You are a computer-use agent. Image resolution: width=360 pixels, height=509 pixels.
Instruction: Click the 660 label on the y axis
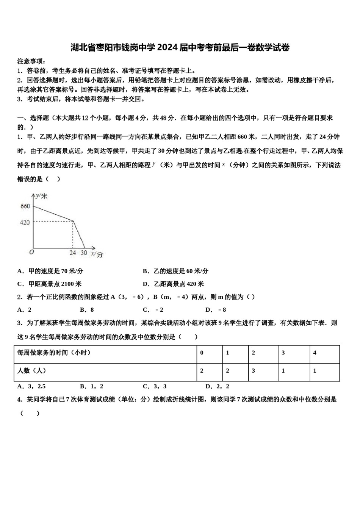pos(25,206)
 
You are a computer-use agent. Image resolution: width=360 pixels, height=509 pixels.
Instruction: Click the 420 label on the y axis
pos(25,222)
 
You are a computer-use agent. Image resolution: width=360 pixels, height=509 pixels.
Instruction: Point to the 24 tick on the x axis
pos(72,253)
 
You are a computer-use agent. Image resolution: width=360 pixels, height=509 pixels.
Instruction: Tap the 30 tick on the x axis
pos(84,253)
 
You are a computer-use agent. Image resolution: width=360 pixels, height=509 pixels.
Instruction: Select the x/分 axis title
pos(97,254)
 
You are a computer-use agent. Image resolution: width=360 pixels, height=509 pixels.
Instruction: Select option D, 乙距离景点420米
pos(173,284)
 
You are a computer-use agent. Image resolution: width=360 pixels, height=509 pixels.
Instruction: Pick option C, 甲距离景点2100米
pos(49,284)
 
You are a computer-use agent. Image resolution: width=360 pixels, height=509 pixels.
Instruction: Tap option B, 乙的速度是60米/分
pos(175,271)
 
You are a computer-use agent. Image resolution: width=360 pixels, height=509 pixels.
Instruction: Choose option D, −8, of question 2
pos(216,310)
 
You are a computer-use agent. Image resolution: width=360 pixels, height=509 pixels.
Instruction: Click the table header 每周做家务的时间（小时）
pos(54,353)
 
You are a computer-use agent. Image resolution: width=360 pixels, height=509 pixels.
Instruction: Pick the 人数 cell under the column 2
pos(254,371)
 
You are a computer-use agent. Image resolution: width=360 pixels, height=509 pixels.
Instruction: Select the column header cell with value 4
pos(315,353)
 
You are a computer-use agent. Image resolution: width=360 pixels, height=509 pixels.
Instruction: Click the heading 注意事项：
pos(32,61)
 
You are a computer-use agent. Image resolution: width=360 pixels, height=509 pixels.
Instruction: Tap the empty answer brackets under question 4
pos(30,413)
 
